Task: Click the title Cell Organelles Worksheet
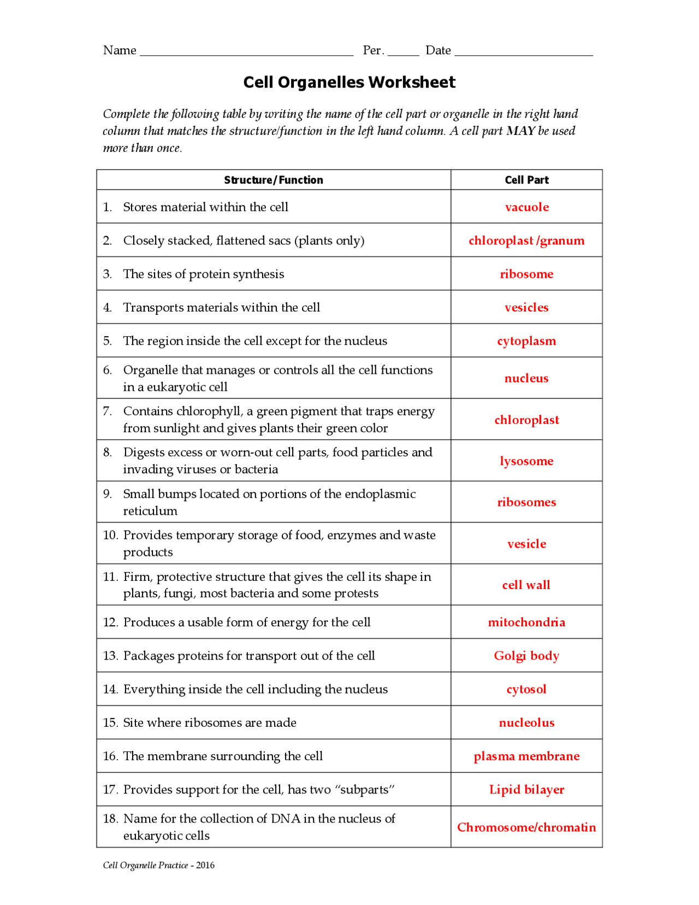coord(349,83)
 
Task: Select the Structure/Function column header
coord(273,180)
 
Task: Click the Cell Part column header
coord(526,180)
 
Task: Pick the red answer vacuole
coord(526,207)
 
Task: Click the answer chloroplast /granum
coord(526,240)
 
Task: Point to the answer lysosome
coord(526,461)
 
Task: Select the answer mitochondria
coord(526,622)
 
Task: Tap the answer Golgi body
coord(526,655)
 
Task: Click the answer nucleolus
coord(526,722)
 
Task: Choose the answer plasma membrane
coord(526,756)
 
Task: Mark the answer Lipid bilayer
coord(526,789)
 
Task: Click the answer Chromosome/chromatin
coord(526,827)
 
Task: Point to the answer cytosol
coord(526,689)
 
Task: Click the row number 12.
coord(110,622)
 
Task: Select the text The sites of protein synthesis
coord(203,274)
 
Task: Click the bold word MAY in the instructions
coord(520,131)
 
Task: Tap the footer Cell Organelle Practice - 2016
coord(158,865)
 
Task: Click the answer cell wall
coord(526,585)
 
